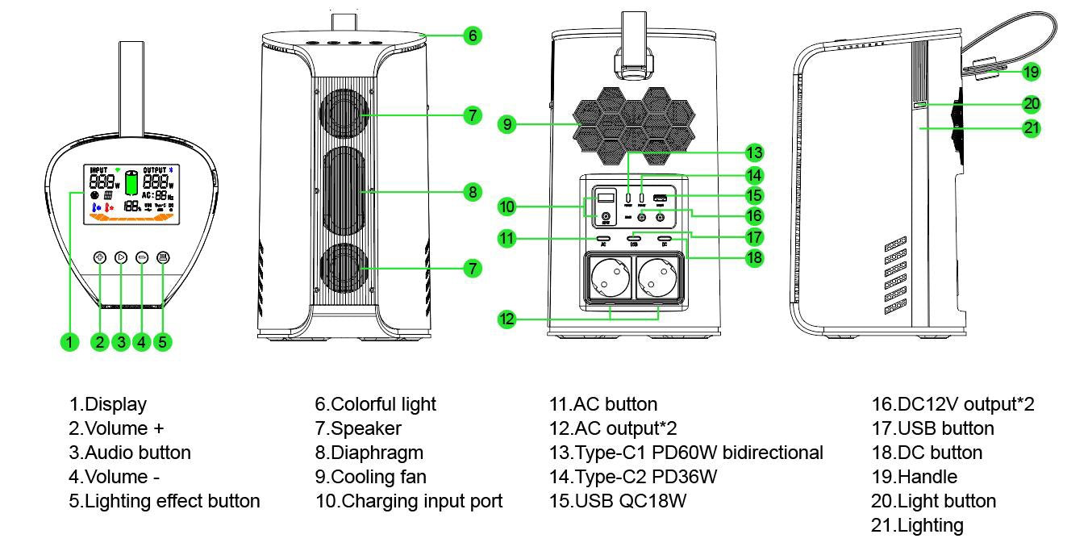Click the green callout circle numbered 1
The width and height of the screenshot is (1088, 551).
[x=70, y=341]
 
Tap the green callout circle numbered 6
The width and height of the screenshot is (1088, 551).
[x=473, y=35]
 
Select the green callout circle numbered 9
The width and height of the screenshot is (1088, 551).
[x=506, y=124]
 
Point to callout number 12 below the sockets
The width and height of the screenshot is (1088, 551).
[x=506, y=319]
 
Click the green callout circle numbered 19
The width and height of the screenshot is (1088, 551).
[x=1031, y=72]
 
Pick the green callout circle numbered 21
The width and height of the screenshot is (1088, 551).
[x=1031, y=127]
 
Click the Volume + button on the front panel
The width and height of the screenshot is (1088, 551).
[x=100, y=257]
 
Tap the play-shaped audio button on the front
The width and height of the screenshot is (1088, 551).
[x=121, y=257]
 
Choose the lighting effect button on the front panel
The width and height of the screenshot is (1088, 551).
[x=163, y=257]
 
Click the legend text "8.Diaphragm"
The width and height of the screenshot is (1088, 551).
[x=369, y=453]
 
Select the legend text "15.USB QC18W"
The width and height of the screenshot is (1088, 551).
[x=618, y=501]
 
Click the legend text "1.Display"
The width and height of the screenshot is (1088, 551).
[x=108, y=404]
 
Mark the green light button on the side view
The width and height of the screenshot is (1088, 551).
[x=919, y=104]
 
